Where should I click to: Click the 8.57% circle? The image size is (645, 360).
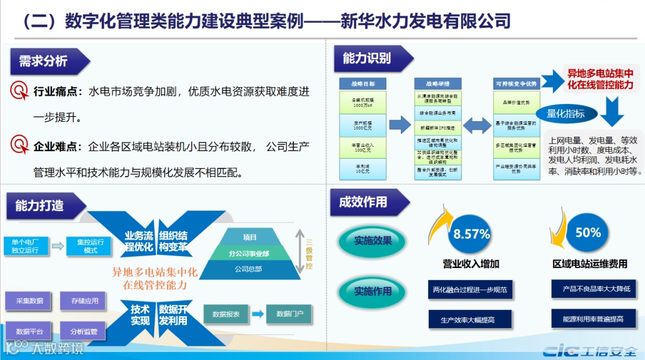pyautogui.click(x=471, y=234)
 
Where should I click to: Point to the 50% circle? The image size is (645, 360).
pyautogui.click(x=588, y=232)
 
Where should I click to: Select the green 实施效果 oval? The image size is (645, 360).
pyautogui.click(x=373, y=241)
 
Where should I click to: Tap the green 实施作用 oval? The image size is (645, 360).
pyautogui.click(x=373, y=291)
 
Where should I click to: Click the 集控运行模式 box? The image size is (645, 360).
pyautogui.click(x=90, y=246)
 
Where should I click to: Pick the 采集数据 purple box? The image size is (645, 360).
pyautogui.click(x=29, y=301)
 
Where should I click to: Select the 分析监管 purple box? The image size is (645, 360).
pyautogui.click(x=83, y=331)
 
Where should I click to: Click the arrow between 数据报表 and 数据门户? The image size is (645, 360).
pyautogui.click(x=257, y=314)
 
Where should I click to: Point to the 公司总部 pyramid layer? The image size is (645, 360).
pyautogui.click(x=248, y=269)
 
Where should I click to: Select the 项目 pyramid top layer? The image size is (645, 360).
pyautogui.click(x=250, y=237)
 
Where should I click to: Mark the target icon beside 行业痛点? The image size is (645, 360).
pyautogui.click(x=20, y=91)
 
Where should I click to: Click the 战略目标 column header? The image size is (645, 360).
pyautogui.click(x=363, y=84)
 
